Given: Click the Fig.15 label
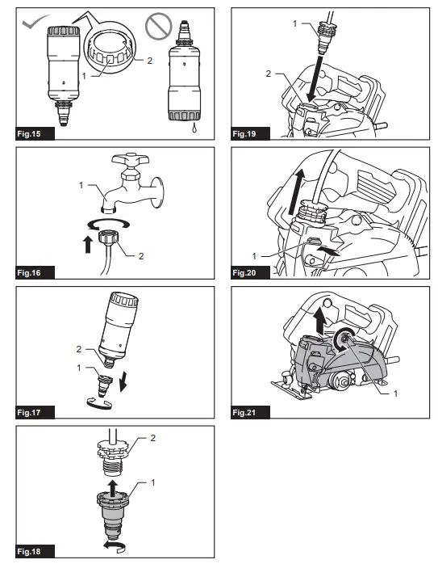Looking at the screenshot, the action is pos(29,134).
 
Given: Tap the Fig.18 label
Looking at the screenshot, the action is pos(29,551).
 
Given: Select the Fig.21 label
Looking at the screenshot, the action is pos(244,413).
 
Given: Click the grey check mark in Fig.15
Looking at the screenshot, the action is pos(34,22).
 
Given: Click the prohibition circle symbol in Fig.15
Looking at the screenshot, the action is pos(159,26).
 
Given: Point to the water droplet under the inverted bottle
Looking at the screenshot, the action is pos(194,128).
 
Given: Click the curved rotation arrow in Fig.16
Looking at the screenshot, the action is pos(109,224).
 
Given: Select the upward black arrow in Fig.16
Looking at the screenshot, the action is pos(88,244).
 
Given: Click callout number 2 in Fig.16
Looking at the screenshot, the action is pos(141,256).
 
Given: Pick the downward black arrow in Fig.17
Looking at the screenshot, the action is pos(123,382).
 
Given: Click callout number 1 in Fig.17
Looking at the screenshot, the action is pos(79,368).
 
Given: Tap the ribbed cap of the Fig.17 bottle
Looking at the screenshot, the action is pos(124,299).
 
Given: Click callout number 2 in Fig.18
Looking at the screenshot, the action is pos(153,438).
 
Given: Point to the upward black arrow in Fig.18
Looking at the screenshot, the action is pos(113,489).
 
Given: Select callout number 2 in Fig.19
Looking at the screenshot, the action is pos(268,74).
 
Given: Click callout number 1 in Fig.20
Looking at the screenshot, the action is pos(254,256).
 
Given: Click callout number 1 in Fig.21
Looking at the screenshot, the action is pos(395,394).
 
